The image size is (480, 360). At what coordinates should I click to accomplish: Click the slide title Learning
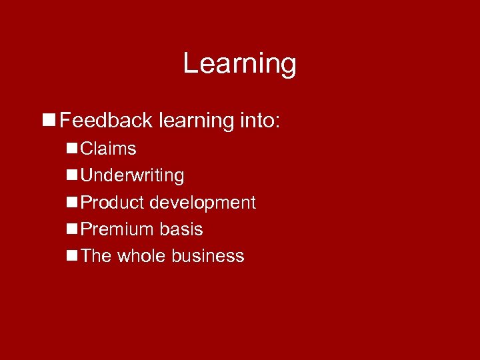(239, 64)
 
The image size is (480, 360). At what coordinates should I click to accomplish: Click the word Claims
(108, 149)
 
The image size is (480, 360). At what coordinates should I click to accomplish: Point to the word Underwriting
(132, 176)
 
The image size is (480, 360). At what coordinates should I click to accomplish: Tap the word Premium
(117, 229)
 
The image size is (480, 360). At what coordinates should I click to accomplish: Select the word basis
(181, 229)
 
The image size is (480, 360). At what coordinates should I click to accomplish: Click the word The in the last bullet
(96, 256)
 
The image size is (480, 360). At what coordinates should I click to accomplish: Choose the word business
(208, 256)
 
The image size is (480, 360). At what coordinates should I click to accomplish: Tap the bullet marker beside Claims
(71, 149)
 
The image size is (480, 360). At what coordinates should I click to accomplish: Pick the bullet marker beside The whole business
(71, 256)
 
